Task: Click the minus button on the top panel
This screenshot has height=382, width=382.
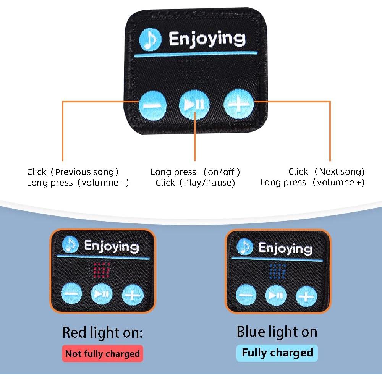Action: click(x=152, y=104)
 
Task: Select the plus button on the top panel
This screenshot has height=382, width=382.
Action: click(x=239, y=103)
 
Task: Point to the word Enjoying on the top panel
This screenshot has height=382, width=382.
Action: click(x=207, y=39)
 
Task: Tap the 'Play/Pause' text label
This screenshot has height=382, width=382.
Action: click(x=209, y=183)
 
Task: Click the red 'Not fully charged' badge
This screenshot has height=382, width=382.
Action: click(x=102, y=353)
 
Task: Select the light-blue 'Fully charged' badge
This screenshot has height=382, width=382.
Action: click(x=277, y=353)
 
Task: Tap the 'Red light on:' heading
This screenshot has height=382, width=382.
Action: click(x=102, y=332)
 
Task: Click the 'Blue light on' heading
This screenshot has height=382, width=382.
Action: click(x=277, y=332)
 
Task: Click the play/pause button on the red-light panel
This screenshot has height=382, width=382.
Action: click(x=102, y=294)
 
